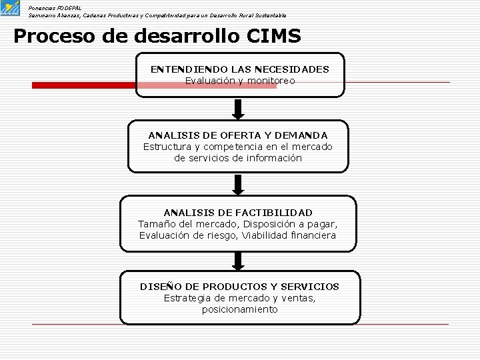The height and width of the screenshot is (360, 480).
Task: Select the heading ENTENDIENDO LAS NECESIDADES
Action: coord(239,69)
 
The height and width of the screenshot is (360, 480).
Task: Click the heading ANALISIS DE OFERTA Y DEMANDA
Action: coord(238,135)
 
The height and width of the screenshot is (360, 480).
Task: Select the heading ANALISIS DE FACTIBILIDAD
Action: coord(238,212)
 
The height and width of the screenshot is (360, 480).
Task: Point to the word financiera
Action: coord(312,235)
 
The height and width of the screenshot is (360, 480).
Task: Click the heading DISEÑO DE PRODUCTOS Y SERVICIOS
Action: coord(239,287)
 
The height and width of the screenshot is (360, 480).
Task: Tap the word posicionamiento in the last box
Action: coord(239,309)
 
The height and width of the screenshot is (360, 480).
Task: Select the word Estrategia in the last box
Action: coord(188,298)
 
